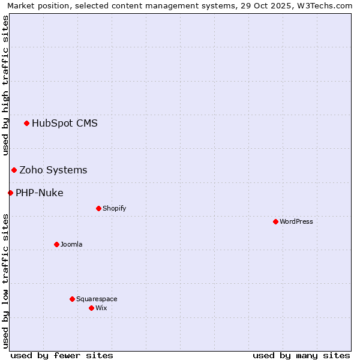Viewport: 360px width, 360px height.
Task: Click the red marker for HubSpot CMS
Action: (x=26, y=124)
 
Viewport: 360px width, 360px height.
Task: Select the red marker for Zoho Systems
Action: (x=14, y=170)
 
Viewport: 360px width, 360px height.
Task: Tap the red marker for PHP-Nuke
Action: (x=10, y=193)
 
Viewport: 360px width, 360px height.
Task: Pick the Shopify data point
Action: (x=98, y=209)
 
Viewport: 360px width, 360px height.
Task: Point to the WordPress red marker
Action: (x=275, y=222)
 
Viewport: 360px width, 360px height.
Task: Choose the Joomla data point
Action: (x=56, y=245)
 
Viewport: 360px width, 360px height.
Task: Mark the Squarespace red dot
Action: (x=72, y=299)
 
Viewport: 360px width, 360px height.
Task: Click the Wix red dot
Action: (x=91, y=308)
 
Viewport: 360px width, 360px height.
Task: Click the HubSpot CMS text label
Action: (x=65, y=124)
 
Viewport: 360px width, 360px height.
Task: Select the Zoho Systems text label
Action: (x=53, y=170)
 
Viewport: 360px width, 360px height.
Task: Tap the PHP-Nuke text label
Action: (x=40, y=193)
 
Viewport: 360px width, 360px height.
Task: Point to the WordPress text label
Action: (x=296, y=222)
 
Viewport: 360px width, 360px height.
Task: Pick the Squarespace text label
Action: (x=97, y=299)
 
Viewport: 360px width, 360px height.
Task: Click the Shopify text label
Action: (x=114, y=209)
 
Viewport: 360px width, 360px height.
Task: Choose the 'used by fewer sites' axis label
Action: (x=62, y=355)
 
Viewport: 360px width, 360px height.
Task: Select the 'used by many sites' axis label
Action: (x=301, y=355)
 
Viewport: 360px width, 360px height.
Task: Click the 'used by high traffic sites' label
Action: (x=5, y=86)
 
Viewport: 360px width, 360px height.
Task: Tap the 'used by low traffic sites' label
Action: (x=5, y=281)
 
